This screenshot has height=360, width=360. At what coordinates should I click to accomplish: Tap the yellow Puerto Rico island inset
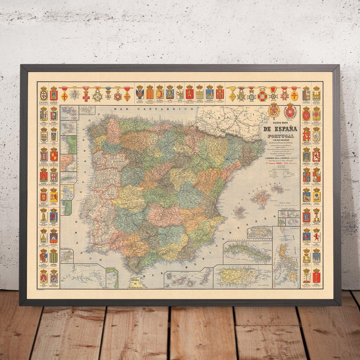coord(242,276)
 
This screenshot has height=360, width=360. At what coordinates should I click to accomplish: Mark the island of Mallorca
coord(261,197)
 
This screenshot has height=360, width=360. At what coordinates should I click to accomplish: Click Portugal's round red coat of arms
coord(290,111)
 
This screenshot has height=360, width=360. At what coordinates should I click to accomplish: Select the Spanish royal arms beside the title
coord(274,111)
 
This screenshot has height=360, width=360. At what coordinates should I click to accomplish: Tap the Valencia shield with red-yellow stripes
coord(150,94)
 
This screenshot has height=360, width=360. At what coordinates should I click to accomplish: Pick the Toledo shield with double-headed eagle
coord(140,94)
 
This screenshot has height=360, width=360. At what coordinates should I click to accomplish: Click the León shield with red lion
coord(316,237)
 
